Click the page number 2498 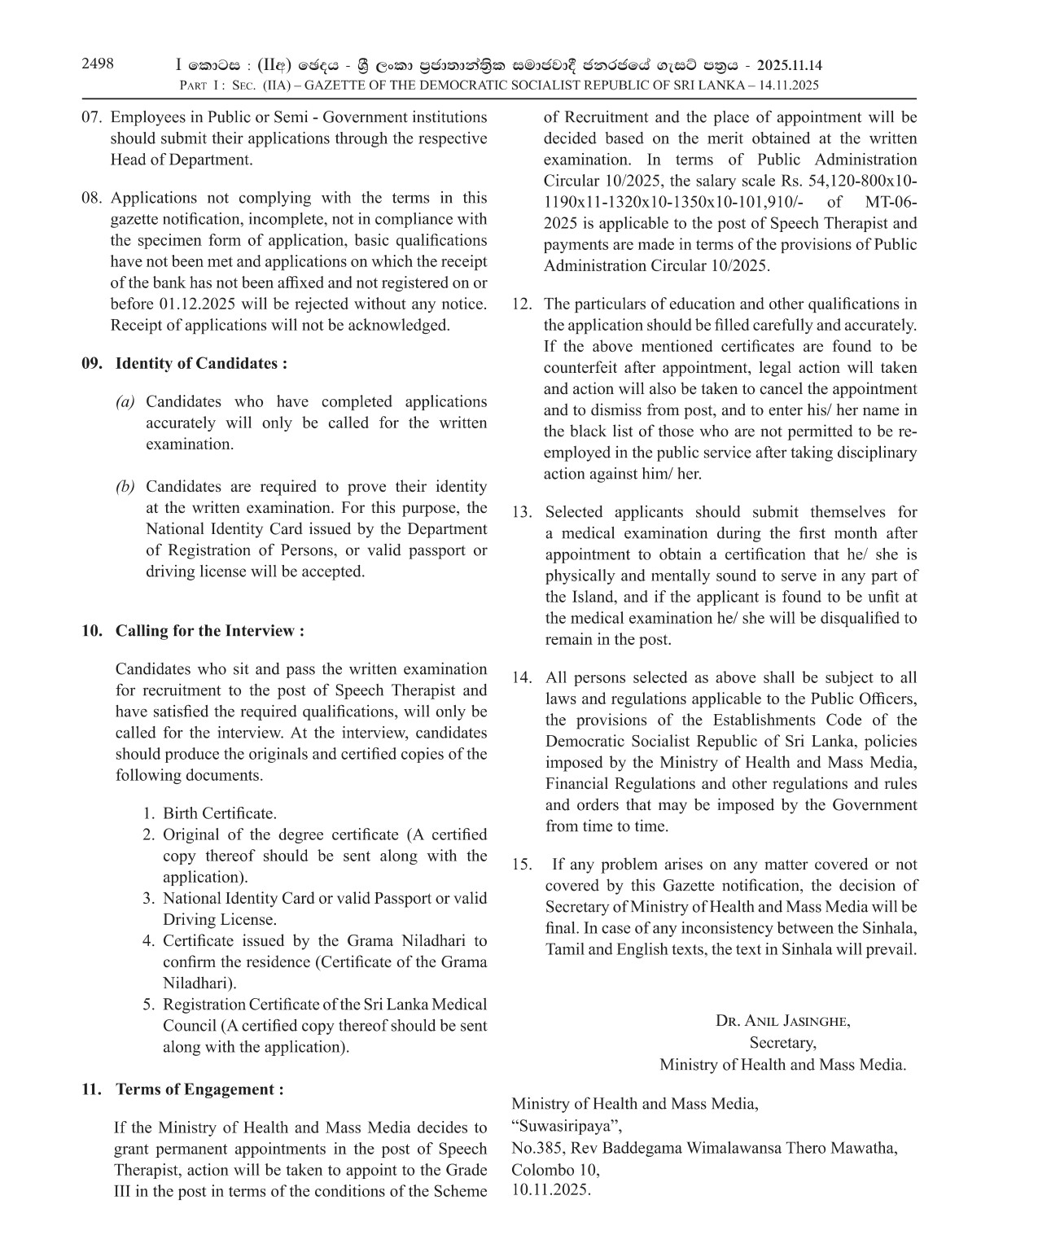point(98,64)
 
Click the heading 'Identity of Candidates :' point(201,363)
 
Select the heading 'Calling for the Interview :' point(210,631)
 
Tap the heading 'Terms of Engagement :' point(199,1089)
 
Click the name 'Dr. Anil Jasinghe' point(782,1021)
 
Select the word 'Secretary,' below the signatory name point(782,1042)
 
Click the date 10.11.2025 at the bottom point(551,1190)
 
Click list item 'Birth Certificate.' point(220,813)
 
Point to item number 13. point(522,512)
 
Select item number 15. point(522,865)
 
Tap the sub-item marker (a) point(125,401)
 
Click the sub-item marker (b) point(125,487)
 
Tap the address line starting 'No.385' point(704,1148)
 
